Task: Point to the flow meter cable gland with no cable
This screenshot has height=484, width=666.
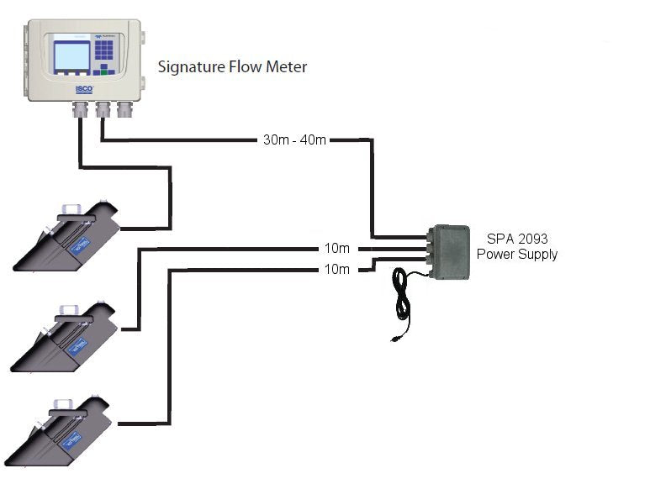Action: [125, 109]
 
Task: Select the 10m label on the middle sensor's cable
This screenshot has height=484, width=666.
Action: [336, 249]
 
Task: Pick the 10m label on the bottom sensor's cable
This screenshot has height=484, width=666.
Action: [336, 270]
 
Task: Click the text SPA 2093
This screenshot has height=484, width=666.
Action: [514, 239]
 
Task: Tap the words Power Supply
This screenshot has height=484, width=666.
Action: [516, 254]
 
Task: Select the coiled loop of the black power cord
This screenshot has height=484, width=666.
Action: [404, 294]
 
